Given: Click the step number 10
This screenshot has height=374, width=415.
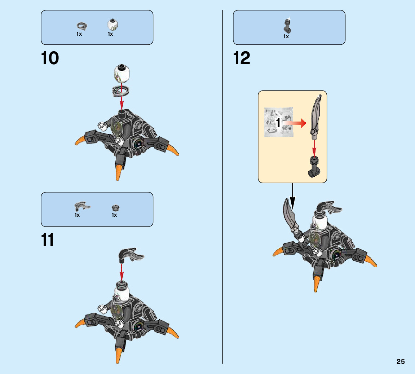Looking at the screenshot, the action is [50, 58].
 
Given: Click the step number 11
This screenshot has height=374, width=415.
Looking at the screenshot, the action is [48, 240].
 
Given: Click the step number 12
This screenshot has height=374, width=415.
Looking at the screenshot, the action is [242, 58].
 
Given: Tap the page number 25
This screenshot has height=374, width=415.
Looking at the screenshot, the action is [401, 362].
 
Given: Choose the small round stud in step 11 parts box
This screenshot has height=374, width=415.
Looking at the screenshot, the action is [115, 207].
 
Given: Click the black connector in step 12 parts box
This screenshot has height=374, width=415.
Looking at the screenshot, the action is [288, 26].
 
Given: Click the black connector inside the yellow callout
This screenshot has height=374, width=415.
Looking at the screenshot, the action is [314, 167].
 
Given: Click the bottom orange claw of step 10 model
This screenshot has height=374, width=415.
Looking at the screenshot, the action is [118, 172].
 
